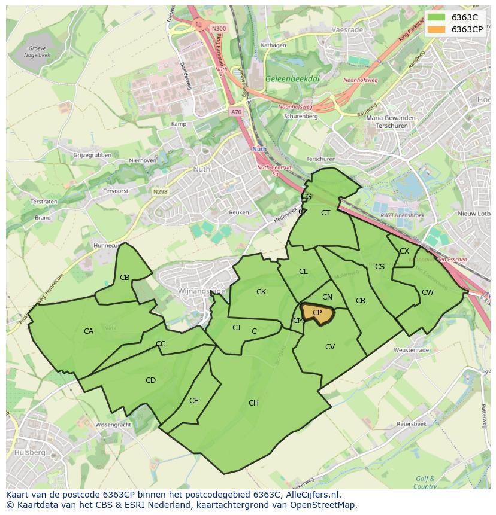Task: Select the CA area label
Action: point(89,331)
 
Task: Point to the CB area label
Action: point(125,278)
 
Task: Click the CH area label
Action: point(253,403)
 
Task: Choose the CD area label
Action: point(150,380)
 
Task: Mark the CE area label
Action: point(193,401)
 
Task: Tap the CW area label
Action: point(427,292)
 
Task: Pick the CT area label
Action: point(325,213)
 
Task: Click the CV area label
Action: point(329,347)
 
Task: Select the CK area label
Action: point(261,292)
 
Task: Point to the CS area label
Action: point(379,267)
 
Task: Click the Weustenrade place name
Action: point(410,350)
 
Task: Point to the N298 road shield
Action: point(160,192)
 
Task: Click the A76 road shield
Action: point(236,112)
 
